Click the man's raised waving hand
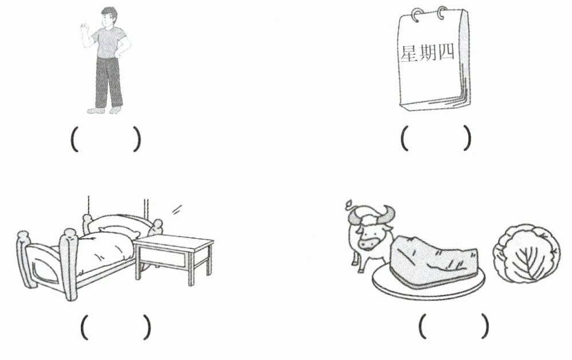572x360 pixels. click(x=85, y=29)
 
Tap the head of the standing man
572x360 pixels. click(x=109, y=17)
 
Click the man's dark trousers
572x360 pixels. click(x=109, y=82)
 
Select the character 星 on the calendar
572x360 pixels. click(x=409, y=54)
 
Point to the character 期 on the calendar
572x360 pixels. click(x=428, y=53)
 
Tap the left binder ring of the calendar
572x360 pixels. click(x=416, y=14)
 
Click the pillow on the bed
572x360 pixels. click(x=119, y=232)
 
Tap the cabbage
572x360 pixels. click(x=526, y=253)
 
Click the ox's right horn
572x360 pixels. click(x=389, y=212)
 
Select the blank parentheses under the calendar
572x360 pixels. click(x=436, y=138)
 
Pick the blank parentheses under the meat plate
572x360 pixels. click(x=454, y=326)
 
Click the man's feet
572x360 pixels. click(x=105, y=110)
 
